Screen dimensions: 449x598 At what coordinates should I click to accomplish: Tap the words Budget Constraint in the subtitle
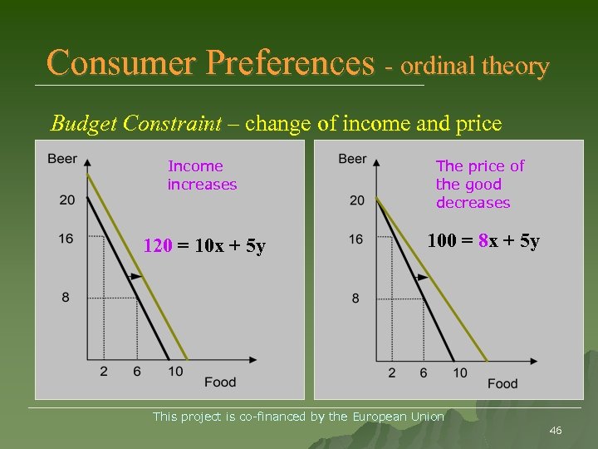click(x=135, y=124)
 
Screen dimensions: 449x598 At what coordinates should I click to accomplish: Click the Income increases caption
click(x=202, y=175)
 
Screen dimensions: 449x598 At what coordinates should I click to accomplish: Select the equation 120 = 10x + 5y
click(x=204, y=246)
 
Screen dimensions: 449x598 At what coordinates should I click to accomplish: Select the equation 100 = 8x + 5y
click(x=483, y=242)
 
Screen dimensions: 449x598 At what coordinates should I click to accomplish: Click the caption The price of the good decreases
click(x=479, y=185)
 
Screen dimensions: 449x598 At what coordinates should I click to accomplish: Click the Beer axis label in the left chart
click(x=62, y=159)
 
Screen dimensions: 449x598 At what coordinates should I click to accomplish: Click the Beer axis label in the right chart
click(x=352, y=159)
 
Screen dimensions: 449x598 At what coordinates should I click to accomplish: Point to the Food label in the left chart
click(x=220, y=382)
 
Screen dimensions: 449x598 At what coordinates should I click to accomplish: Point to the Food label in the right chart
click(x=502, y=383)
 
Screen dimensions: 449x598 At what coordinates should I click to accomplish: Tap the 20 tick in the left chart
click(x=66, y=200)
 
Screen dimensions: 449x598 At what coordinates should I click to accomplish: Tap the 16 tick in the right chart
click(x=355, y=239)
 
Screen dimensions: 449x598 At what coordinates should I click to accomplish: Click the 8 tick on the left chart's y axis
click(x=66, y=298)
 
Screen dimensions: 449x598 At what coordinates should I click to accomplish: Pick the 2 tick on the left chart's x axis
click(x=104, y=372)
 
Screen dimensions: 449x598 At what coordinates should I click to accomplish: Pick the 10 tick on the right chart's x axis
click(x=460, y=373)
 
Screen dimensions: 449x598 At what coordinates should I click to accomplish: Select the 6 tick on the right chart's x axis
click(x=424, y=373)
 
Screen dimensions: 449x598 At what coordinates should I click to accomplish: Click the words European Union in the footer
click(x=398, y=416)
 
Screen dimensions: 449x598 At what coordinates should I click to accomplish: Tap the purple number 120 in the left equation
click(x=158, y=246)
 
